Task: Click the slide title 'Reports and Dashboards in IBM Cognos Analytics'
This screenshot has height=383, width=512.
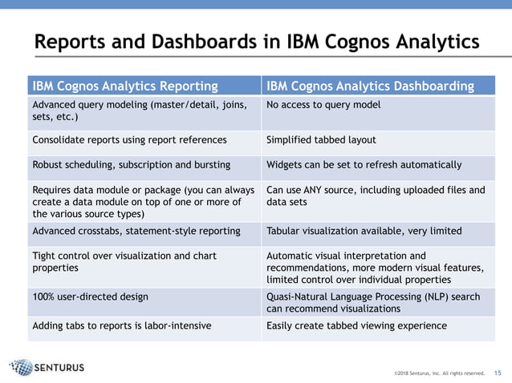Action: [256, 41]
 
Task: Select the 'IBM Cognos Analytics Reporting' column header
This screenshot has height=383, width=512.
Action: [124, 86]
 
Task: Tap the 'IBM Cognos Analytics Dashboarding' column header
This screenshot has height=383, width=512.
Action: [370, 86]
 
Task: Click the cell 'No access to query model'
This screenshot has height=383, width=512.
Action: [323, 105]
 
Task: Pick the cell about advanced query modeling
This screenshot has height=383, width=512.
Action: [137, 111]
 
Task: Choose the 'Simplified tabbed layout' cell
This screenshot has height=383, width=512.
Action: [321, 140]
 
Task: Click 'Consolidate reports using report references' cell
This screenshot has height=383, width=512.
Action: [129, 140]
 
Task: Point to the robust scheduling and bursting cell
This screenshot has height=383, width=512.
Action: [131, 164]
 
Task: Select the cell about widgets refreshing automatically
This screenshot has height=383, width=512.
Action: [364, 164]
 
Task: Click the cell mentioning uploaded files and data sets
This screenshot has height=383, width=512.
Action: [376, 196]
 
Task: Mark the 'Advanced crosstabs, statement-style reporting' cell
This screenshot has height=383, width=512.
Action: [136, 231]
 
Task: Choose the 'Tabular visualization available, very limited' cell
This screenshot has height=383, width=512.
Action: [364, 231]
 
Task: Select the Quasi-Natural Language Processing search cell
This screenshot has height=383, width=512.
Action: [373, 302]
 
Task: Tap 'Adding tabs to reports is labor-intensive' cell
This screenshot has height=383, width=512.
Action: [122, 326]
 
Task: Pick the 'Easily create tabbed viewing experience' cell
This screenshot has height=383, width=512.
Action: [356, 326]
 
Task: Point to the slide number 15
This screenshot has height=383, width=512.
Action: [497, 373]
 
